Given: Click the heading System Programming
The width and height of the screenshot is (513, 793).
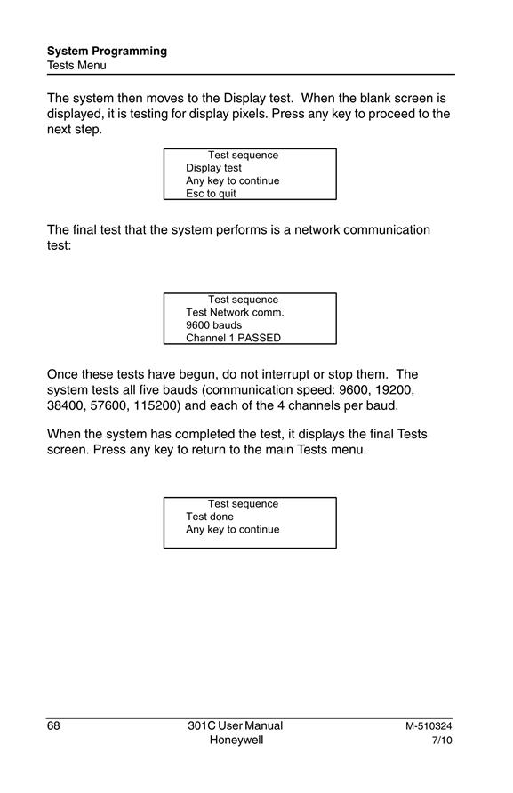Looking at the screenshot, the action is pos(107,52).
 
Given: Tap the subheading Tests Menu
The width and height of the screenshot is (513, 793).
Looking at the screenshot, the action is pos(76,66).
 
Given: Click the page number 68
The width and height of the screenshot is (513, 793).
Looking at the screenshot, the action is pos(53,725).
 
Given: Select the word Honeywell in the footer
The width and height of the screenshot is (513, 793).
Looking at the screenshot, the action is pos(236,741).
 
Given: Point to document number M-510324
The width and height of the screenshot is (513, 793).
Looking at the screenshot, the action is pos(429,726).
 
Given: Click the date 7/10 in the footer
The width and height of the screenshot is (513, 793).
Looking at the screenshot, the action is pos(442,741).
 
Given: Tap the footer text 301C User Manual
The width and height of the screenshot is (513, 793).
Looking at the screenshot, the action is pos(236,725).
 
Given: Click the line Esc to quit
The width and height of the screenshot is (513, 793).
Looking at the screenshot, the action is pos(211,194).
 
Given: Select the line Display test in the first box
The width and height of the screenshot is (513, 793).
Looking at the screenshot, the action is pos(213,168).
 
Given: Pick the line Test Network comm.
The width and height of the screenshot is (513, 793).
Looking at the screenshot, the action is pos(235,313).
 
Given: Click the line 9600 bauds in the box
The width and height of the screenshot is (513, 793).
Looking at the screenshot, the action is pos(213,325).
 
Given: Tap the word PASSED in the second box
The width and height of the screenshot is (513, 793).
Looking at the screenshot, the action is pos(259,338).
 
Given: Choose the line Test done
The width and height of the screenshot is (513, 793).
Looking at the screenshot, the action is pos(210,517).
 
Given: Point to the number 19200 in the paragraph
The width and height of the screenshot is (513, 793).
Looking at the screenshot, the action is pos(394,390).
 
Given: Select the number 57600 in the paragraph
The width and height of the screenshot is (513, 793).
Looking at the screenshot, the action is pos(109,405).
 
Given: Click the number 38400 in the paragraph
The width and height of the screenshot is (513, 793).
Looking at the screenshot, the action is pos(66,405).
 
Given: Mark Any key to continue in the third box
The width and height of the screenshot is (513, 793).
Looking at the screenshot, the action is pos(232,530).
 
